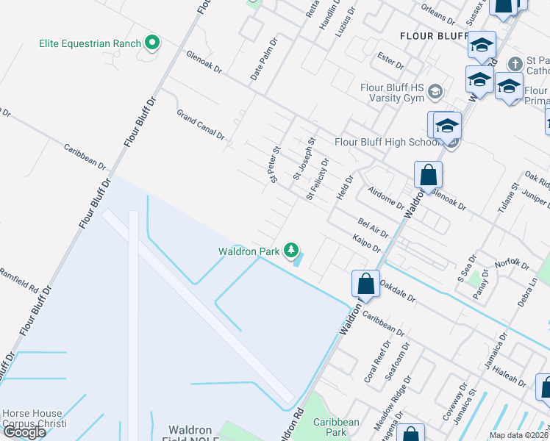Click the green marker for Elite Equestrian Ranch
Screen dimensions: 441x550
click(152, 43)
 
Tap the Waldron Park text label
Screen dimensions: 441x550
click(248, 251)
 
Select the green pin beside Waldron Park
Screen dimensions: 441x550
click(292, 251)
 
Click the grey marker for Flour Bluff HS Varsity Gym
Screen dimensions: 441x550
click(435, 92)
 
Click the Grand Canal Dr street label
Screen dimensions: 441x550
click(200, 125)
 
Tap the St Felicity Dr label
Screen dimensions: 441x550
click(317, 179)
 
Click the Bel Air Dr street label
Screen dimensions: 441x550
click(373, 227)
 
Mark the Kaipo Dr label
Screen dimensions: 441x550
click(366, 245)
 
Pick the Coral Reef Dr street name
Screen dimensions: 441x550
click(375, 362)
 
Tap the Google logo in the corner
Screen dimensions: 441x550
click(24, 432)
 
